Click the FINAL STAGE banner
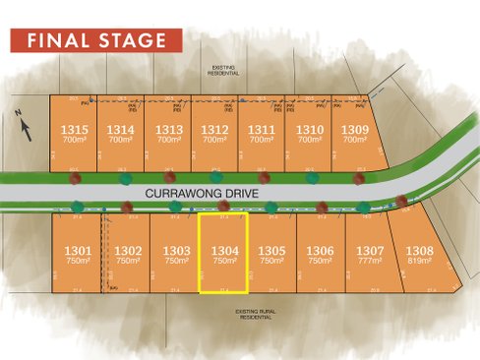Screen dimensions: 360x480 [x=96, y=40]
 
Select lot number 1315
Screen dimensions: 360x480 [x=74, y=129]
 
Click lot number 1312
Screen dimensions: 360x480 [x=213, y=129]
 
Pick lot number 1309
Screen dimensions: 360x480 [x=354, y=129]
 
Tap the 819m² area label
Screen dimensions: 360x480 [x=420, y=262]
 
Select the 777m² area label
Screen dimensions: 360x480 [x=370, y=262]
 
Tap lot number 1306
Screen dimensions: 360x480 [x=321, y=251]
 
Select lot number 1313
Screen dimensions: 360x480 [x=168, y=129]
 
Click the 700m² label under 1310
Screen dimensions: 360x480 [x=309, y=140]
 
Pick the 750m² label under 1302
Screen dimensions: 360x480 [x=128, y=262]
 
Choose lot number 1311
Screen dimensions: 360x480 [x=261, y=129]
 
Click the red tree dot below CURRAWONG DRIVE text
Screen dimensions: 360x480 [x=224, y=207]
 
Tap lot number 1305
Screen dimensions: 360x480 [x=272, y=251]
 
